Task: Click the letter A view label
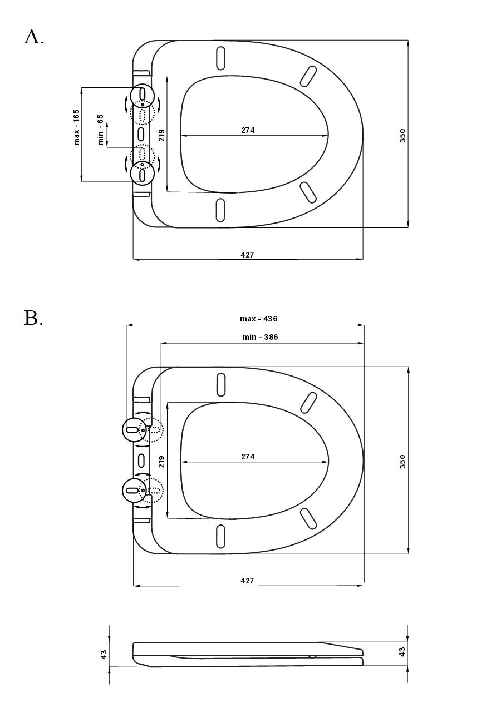pyautogui.click(x=34, y=37)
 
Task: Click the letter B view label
pyautogui.click(x=33, y=318)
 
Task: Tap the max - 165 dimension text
pyautogui.click(x=77, y=127)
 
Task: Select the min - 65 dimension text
pyautogui.click(x=100, y=130)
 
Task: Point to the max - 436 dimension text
pyautogui.click(x=258, y=319)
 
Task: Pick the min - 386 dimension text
pyautogui.click(x=260, y=337)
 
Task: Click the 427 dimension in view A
pyautogui.click(x=247, y=254)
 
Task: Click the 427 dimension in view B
pyautogui.click(x=247, y=581)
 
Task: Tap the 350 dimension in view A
pyautogui.click(x=402, y=136)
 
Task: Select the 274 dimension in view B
pyautogui.click(x=248, y=457)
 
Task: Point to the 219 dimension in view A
pyautogui.click(x=161, y=135)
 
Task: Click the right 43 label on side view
pyautogui.click(x=402, y=652)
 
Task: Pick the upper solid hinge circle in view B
pyautogui.click(x=134, y=429)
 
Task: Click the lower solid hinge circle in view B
pyautogui.click(x=134, y=490)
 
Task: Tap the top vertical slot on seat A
pyautogui.click(x=221, y=58)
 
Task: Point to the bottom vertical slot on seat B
pyautogui.click(x=220, y=536)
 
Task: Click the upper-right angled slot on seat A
pyautogui.click(x=308, y=76)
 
